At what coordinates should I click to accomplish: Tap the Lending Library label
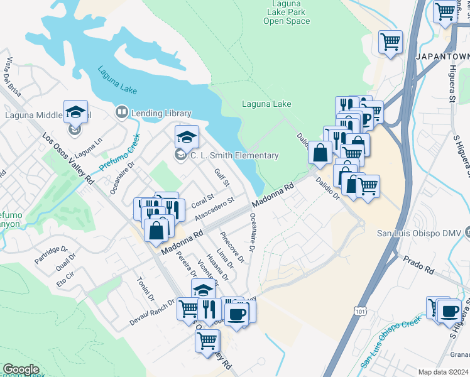click(161, 113)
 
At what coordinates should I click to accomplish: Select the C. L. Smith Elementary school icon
click(187, 136)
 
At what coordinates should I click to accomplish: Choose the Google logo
click(21, 369)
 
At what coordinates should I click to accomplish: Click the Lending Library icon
click(121, 113)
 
